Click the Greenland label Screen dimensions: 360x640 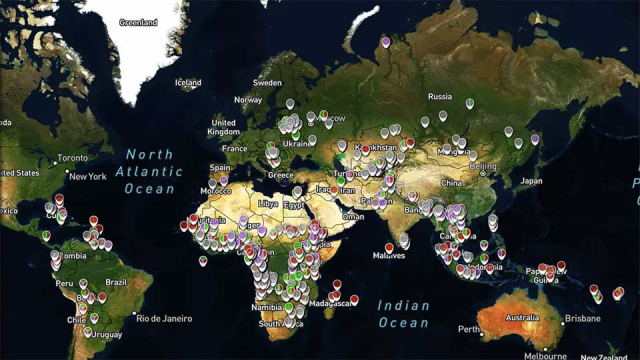tap(138, 22)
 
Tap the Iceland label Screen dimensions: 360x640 tap(188, 83)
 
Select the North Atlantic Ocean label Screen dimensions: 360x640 tap(150, 171)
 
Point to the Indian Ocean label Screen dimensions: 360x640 tap(403, 314)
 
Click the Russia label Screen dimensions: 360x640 tap(439, 97)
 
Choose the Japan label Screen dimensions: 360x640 tap(531, 182)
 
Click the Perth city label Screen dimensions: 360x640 tap(469, 329)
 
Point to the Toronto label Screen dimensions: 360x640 tap(72, 158)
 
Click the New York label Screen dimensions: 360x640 tap(87, 177)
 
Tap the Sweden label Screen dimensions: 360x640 tap(267, 83)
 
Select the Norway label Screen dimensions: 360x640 tap(248, 100)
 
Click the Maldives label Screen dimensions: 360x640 tap(388, 255)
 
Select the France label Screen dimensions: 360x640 tap(234, 149)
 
